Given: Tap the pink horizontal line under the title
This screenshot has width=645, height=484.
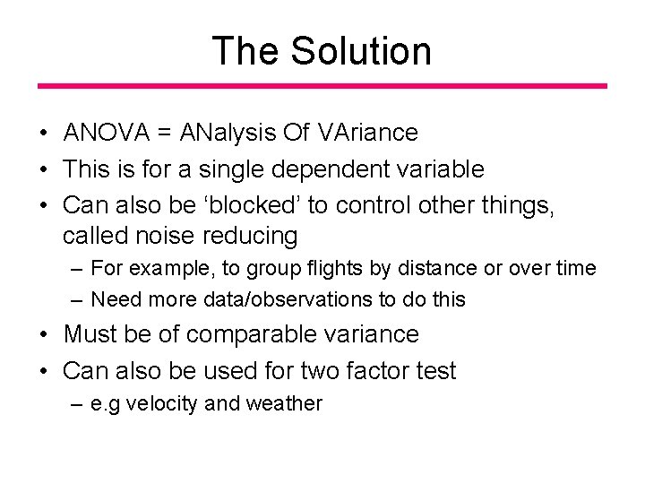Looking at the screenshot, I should [322, 86].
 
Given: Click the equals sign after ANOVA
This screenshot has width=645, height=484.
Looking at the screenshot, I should [165, 134].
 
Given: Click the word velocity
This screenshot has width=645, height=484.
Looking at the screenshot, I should [164, 404].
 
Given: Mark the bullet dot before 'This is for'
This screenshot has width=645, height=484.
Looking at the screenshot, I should [44, 169].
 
